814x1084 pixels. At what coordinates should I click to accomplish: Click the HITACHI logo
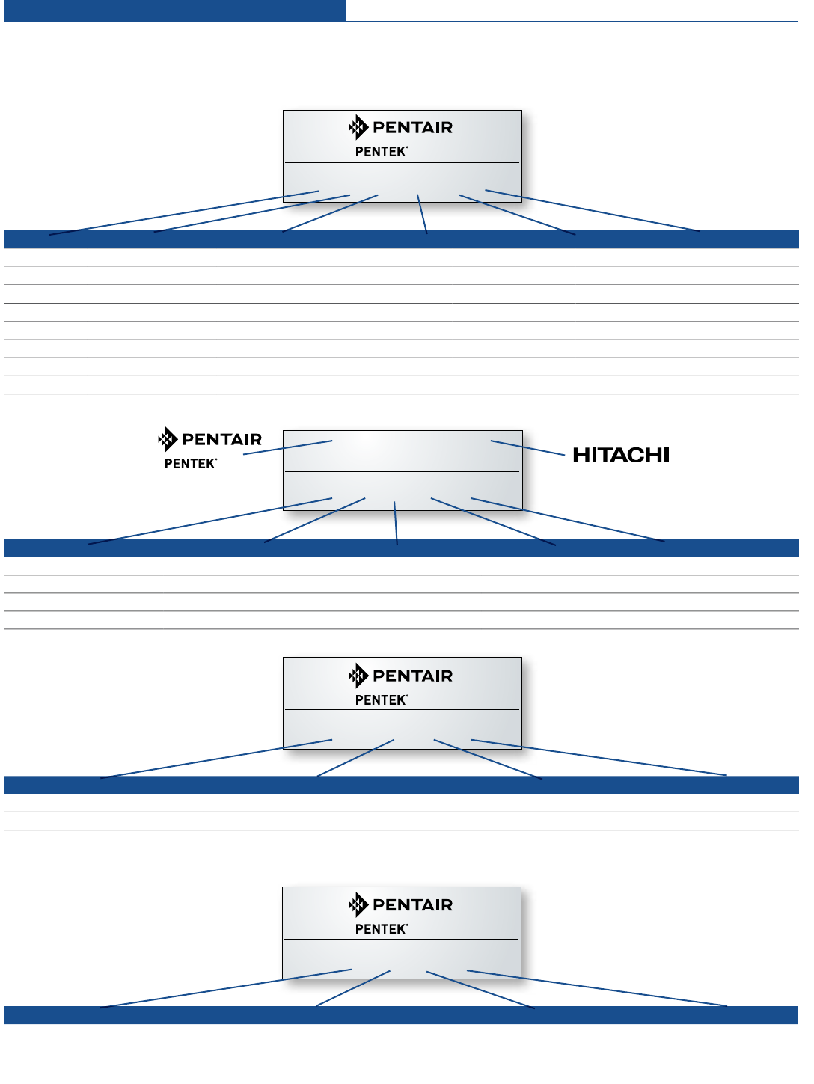pyautogui.click(x=621, y=455)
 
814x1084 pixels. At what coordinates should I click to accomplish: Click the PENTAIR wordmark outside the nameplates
pyautogui.click(x=221, y=439)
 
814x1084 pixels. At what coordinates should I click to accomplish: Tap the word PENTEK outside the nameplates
pyautogui.click(x=190, y=464)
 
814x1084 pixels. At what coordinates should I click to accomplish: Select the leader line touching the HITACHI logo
pyautogui.click(x=527, y=447)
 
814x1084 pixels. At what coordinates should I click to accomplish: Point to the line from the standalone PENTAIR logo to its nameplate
pyautogui.click(x=288, y=447)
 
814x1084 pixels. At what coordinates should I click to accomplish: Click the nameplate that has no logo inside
pyautogui.click(x=403, y=470)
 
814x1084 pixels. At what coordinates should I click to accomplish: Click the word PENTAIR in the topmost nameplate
pyautogui.click(x=412, y=128)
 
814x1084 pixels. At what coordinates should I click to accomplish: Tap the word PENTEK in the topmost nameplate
pyautogui.click(x=381, y=152)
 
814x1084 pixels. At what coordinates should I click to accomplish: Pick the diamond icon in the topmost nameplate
pyautogui.click(x=358, y=127)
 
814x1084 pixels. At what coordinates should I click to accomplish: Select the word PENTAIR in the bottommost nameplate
pyautogui.click(x=412, y=905)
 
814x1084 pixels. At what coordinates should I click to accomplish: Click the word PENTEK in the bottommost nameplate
pyautogui.click(x=381, y=929)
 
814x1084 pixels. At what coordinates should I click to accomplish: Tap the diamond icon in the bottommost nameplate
pyautogui.click(x=358, y=904)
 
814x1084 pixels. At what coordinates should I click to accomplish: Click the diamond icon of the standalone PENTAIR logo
pyautogui.click(x=168, y=439)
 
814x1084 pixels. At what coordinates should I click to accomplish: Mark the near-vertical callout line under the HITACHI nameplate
pyautogui.click(x=396, y=523)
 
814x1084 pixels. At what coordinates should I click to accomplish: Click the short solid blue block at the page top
pyautogui.click(x=174, y=10)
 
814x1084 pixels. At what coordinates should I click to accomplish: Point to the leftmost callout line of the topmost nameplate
pyautogui.click(x=183, y=213)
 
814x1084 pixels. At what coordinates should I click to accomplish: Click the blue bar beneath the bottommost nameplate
pyautogui.click(x=401, y=1015)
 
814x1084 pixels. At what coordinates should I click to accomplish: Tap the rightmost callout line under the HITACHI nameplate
pyautogui.click(x=568, y=520)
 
